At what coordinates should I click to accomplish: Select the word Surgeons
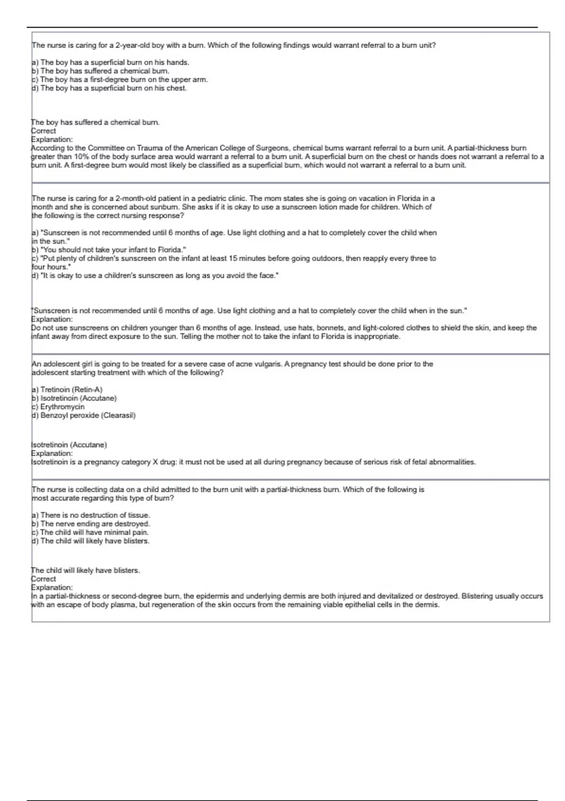tap(273, 148)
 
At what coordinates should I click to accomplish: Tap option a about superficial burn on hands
tap(110, 62)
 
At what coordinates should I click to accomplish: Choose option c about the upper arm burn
tap(120, 80)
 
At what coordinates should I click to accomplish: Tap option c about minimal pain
tap(90, 532)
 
